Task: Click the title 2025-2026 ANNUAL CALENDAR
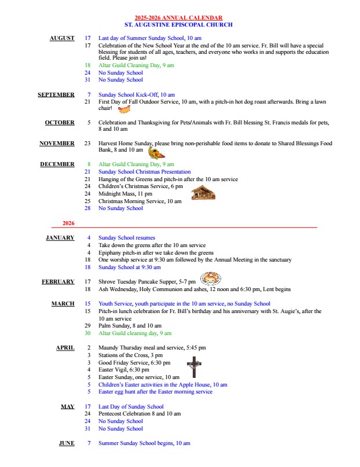[178, 19]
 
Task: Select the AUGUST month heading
[62, 38]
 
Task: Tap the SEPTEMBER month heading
[56, 95]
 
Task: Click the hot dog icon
[123, 108]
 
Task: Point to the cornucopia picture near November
[156, 153]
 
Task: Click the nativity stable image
[203, 193]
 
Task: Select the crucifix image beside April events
[194, 367]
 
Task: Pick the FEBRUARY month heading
[58, 282]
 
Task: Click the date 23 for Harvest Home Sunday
[87, 144]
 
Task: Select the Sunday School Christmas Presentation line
[144, 172]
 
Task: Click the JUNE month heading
[67, 443]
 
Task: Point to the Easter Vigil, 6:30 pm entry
[124, 369]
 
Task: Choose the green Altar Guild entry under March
[135, 333]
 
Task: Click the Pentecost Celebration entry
[139, 414]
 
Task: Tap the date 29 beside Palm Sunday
[87, 326]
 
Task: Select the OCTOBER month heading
[60, 123]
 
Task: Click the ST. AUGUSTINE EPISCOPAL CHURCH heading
[178, 25]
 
